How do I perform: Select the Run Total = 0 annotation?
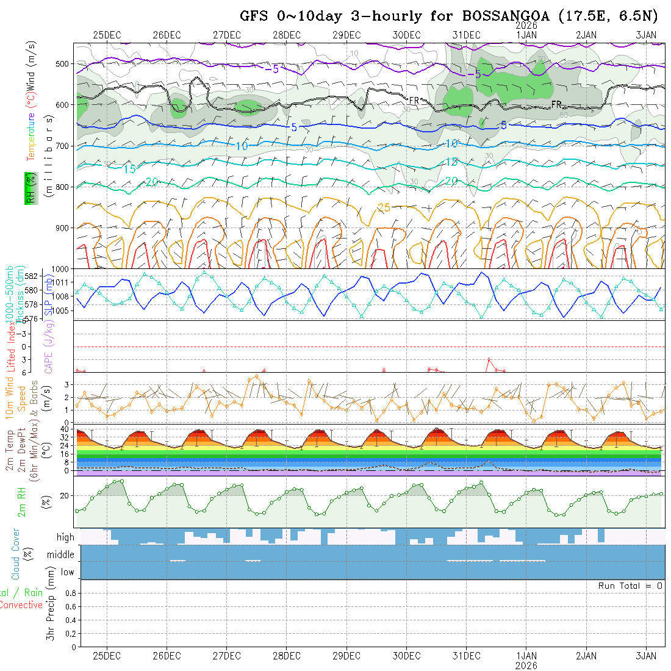click(x=630, y=586)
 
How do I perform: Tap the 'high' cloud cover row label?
click(x=65, y=537)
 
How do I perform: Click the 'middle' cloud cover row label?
click(x=60, y=555)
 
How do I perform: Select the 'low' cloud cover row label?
click(x=67, y=572)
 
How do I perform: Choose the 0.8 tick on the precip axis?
click(x=70, y=593)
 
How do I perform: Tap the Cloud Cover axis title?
click(x=16, y=554)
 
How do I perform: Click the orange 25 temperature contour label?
click(x=384, y=208)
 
